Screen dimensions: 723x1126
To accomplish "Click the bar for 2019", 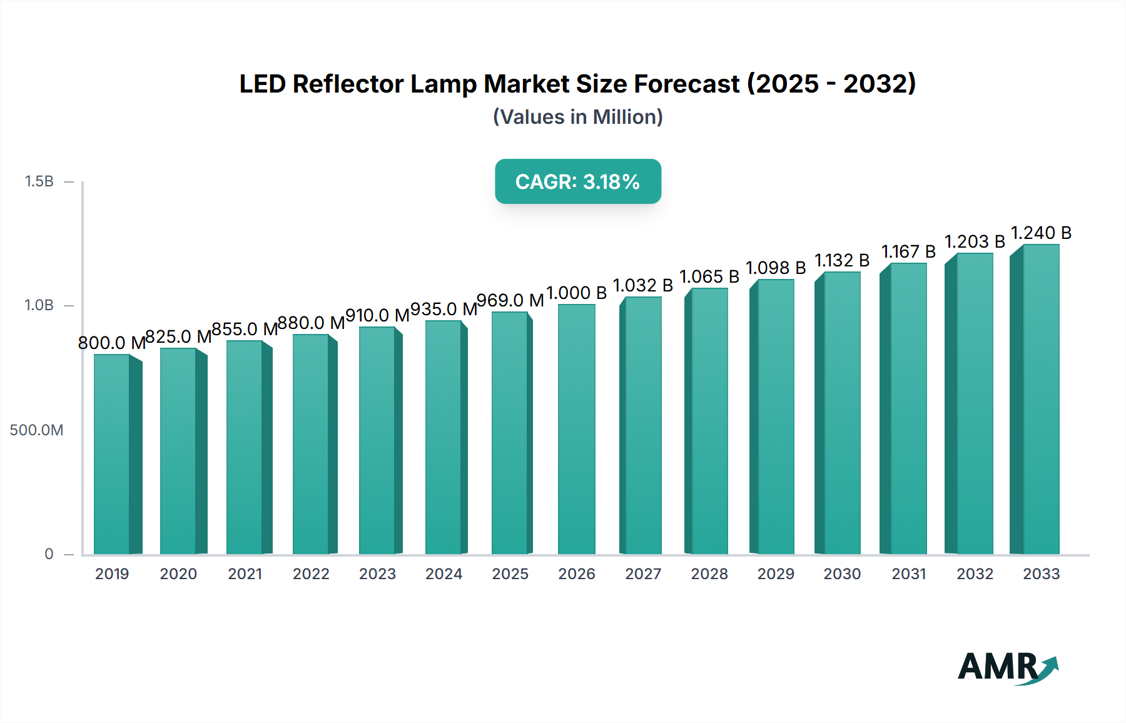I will coord(113,455).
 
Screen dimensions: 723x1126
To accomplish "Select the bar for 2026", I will coord(576,430).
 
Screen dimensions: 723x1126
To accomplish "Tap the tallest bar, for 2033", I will coord(1040,400).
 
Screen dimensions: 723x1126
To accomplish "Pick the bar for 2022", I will coord(311,445).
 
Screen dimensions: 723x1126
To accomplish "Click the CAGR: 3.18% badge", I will coord(577,181).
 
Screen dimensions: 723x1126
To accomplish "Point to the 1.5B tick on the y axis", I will coord(39,181).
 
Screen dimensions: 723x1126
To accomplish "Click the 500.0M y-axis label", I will coord(36,430).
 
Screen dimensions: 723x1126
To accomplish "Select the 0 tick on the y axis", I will coord(49,554).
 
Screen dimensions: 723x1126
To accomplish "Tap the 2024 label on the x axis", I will coord(444,574).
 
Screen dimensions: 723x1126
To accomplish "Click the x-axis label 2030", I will coord(842,574).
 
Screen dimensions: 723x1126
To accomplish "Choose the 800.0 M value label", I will coord(111,343).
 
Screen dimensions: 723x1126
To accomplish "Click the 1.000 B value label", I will coord(576,293).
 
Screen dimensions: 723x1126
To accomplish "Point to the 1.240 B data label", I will coord(1041,233).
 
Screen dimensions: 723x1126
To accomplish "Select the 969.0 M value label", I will coord(510,301).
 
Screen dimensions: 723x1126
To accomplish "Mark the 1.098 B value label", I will coord(776,268).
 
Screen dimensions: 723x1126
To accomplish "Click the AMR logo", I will coord(1007,667).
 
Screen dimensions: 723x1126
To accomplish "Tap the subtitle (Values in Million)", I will coord(577,117).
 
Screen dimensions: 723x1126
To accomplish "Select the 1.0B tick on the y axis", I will coord(39,306).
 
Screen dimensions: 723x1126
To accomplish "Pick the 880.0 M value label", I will coord(311,323).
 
